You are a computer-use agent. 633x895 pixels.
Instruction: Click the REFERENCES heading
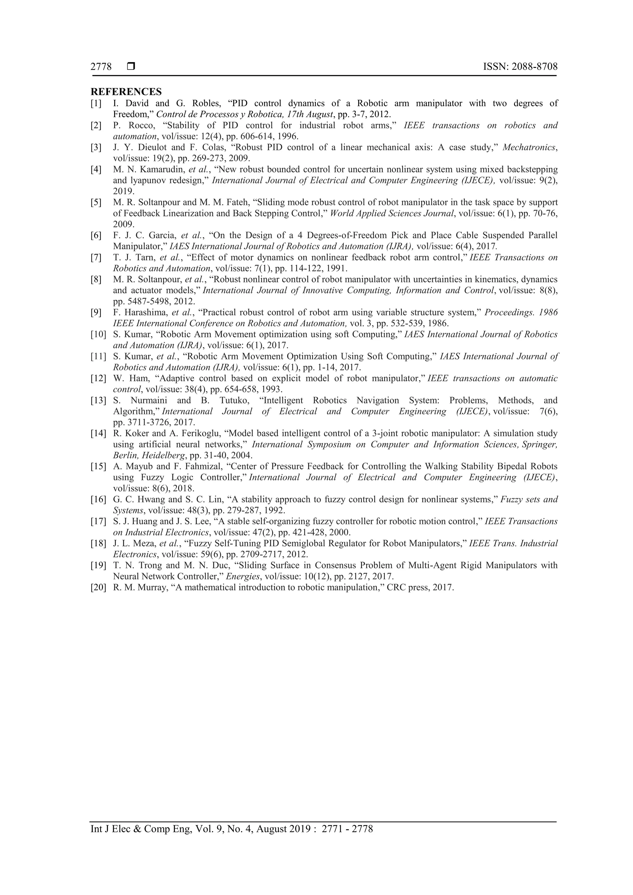pos(126,92)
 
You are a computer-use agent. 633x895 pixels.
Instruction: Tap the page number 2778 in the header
pos(101,67)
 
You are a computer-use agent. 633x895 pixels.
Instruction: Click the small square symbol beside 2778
pos(131,67)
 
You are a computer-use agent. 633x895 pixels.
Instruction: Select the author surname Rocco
pos(142,125)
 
